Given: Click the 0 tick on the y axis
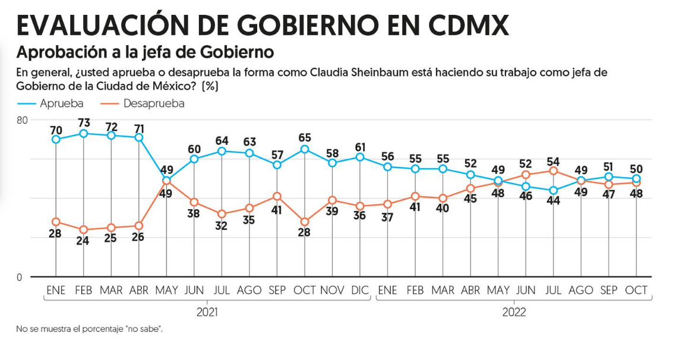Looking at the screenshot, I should tap(20, 277).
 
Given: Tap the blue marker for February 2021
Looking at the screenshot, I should tap(84, 134).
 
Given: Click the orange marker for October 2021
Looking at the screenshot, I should tap(305, 222).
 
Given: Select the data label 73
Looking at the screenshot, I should tap(84, 122).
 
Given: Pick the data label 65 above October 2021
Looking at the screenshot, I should tap(305, 137).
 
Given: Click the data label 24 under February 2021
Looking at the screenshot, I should tap(84, 241).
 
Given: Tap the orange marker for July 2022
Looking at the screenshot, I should tap(554, 171).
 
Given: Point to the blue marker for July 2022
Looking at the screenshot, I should tap(554, 191).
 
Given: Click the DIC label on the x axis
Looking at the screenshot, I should tap(360, 290).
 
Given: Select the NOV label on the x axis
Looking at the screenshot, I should tap(333, 290).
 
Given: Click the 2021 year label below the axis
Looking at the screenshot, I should tap(207, 312).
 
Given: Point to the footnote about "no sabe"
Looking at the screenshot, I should tap(89, 329).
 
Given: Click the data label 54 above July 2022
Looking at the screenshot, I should tap(554, 160).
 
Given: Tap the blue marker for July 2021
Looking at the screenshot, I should tap(222, 151).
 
